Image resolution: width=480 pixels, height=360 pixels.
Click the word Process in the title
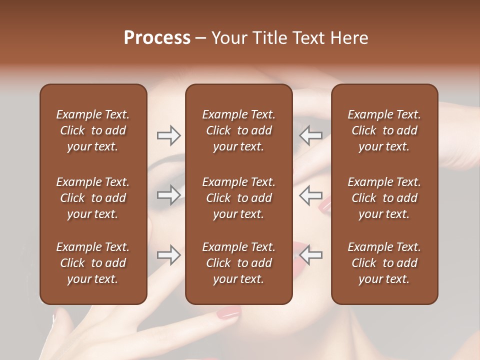(157, 38)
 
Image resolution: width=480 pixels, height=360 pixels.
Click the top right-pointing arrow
(168, 135)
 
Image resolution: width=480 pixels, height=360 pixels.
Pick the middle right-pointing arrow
(168, 194)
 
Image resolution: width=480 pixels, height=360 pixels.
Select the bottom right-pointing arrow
(168, 255)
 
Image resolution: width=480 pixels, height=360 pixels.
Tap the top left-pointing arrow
(310, 135)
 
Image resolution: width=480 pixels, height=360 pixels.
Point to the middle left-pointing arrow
(310, 194)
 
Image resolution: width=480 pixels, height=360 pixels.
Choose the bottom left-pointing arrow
(310, 255)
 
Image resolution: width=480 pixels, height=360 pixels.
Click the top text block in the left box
(93, 130)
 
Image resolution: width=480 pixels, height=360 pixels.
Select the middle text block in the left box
(93, 198)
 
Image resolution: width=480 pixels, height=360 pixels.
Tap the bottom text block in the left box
(93, 263)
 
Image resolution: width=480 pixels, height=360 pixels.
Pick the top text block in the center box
(238, 130)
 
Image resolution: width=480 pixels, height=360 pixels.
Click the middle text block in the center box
(238, 198)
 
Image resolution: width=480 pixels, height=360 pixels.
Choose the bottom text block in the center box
(238, 263)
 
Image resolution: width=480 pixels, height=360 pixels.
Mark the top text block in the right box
(384, 130)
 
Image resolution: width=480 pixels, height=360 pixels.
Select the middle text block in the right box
(384, 198)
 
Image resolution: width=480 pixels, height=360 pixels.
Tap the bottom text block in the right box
(384, 263)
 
